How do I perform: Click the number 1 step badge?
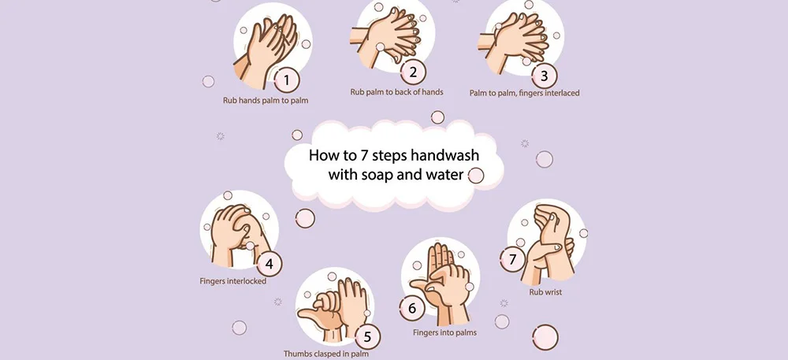287,79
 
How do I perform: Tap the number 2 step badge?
412,72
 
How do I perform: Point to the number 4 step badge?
269,264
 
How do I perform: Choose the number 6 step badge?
411,308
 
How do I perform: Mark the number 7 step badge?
512,258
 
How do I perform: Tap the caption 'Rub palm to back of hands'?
396,92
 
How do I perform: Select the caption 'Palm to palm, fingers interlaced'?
524,93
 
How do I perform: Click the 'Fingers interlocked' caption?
233,280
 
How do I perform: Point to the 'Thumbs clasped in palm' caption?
326,354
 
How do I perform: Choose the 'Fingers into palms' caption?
444,332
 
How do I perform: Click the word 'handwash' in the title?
442,154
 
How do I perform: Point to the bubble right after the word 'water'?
476,176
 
